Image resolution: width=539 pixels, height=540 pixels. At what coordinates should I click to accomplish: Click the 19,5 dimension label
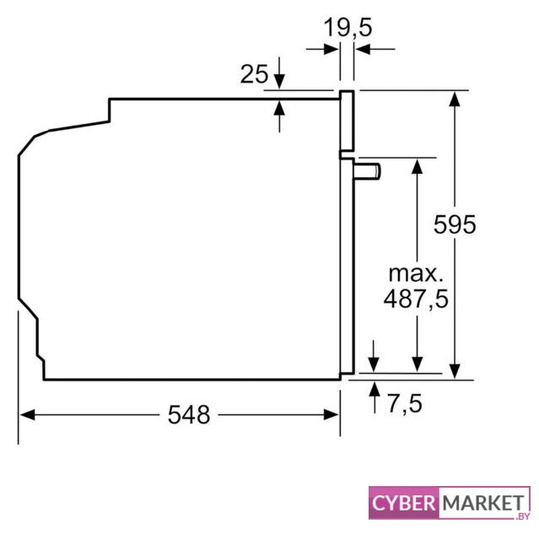(x=348, y=28)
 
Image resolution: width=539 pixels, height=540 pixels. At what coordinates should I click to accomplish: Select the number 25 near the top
(x=254, y=73)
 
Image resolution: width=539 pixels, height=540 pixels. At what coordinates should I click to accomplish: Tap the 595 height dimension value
(x=455, y=224)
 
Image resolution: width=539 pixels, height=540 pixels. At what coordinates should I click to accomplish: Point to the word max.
(x=416, y=273)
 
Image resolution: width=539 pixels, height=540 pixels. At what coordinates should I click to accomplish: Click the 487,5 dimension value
(x=416, y=299)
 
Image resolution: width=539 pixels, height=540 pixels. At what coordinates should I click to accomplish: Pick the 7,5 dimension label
(x=405, y=403)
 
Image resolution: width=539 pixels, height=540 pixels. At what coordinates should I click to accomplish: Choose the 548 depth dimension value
(x=189, y=414)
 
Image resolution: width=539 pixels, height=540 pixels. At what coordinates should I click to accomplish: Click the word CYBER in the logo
(x=404, y=503)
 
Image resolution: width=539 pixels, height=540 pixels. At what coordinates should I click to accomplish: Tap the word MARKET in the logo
(x=483, y=503)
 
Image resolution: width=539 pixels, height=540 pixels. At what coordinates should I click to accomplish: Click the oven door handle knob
(x=367, y=171)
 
